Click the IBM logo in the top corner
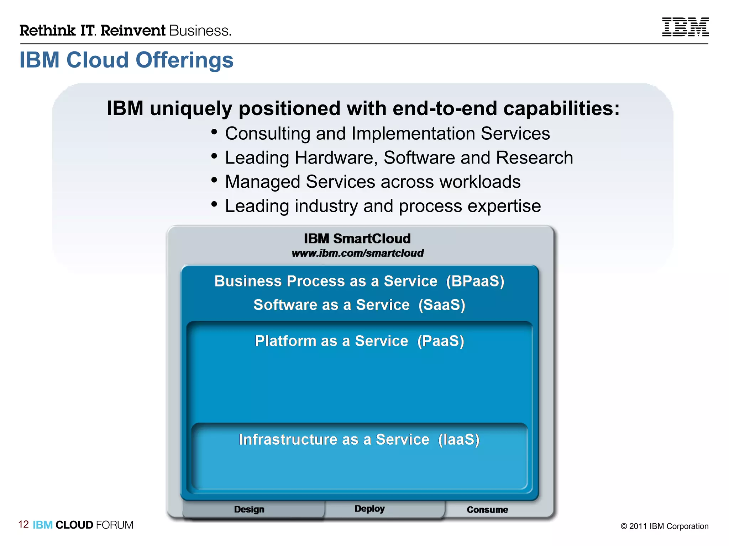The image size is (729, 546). (x=685, y=27)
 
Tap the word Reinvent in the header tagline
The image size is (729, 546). (x=133, y=31)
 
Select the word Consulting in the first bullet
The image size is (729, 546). (x=268, y=134)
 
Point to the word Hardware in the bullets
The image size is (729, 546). (x=336, y=158)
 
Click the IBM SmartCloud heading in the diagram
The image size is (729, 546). (x=357, y=239)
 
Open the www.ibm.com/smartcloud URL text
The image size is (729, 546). (x=357, y=253)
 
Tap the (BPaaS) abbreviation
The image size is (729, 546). (x=475, y=281)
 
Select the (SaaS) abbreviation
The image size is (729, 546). (x=442, y=305)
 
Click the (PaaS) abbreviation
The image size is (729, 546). (x=441, y=341)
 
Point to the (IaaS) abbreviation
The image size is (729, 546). (x=458, y=440)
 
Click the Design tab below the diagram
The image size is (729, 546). (x=249, y=509)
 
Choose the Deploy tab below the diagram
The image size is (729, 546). (x=369, y=509)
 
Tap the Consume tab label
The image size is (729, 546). (x=487, y=510)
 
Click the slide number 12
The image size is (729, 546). (x=23, y=524)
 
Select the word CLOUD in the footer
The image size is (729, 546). (x=74, y=525)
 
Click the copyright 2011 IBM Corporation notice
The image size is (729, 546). (x=664, y=526)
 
